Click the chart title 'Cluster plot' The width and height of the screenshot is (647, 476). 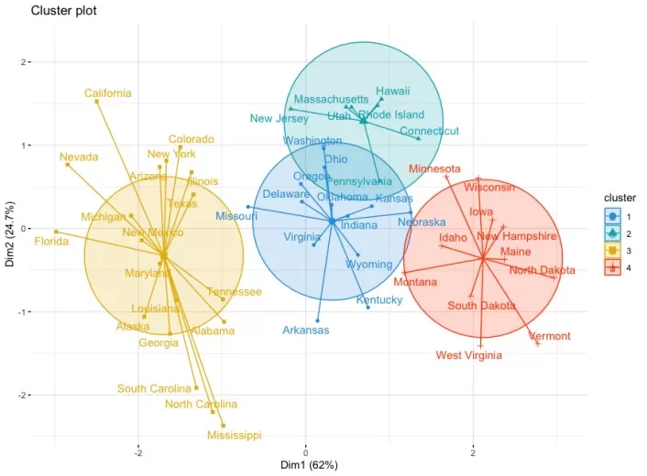tap(64, 11)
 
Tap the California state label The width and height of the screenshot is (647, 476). tap(108, 93)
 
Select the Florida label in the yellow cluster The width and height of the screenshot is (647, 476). tap(51, 243)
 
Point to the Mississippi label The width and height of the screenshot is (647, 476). tap(233, 436)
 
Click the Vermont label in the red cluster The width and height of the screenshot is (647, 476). tap(550, 337)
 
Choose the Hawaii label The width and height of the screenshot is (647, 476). tap(392, 92)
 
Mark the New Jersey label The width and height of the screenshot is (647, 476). tap(279, 119)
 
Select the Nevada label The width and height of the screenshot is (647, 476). tap(79, 157)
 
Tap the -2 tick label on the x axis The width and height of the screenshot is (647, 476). tap(138, 451)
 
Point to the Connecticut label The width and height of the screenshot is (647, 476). tap(429, 131)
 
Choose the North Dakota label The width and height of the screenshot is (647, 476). tap(543, 270)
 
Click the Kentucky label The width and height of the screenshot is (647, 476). tap(378, 300)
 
